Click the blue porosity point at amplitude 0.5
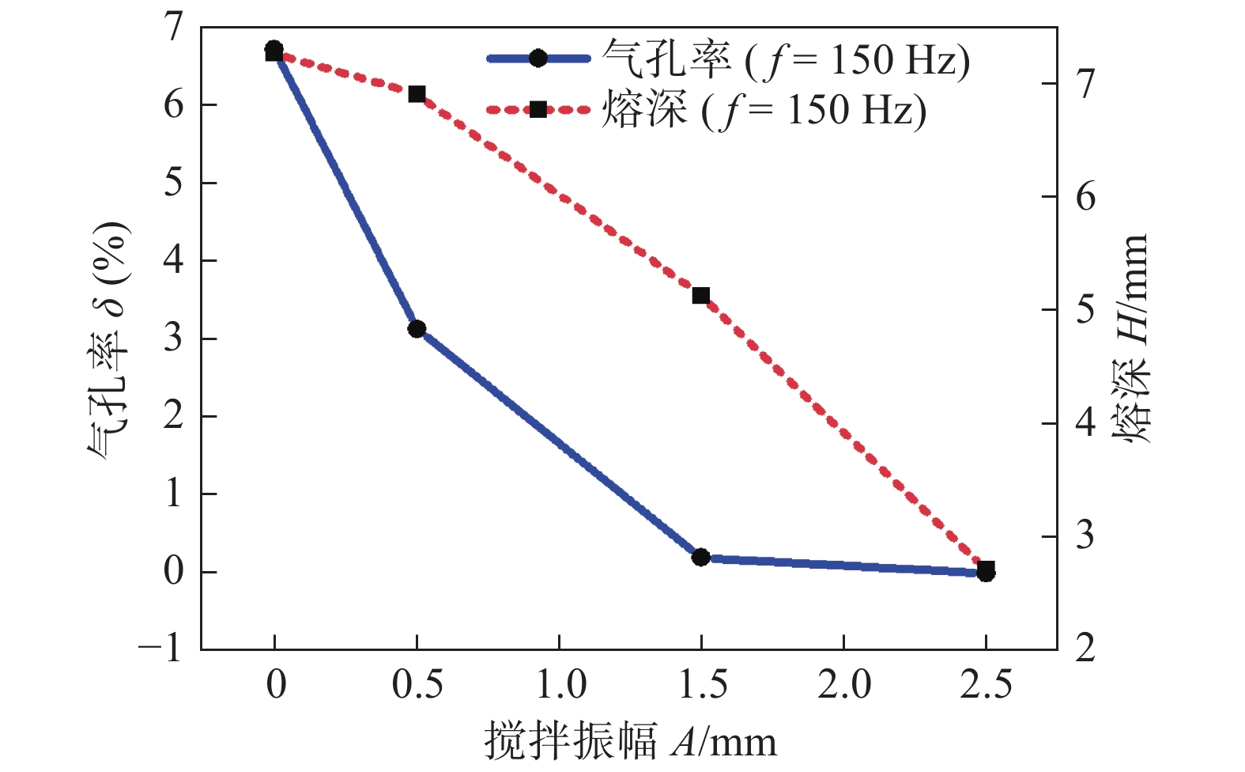pos(417,329)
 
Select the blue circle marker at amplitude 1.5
pos(700,557)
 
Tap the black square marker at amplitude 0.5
pos(417,95)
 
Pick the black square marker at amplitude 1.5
pos(700,296)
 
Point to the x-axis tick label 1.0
pos(560,684)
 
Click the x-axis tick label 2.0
pos(843,684)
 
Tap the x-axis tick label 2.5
pos(986,684)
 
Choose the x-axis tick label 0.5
pos(417,684)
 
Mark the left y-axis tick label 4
pos(173,260)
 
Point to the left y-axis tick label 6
pos(173,104)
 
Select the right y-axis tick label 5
pos(1085,309)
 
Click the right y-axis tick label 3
pos(1085,536)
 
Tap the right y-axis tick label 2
pos(1085,649)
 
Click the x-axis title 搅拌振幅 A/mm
pos(630,742)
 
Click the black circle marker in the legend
pos(538,59)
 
